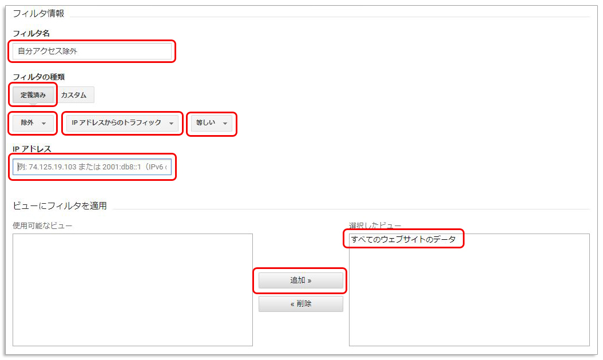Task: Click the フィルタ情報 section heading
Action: pos(38,13)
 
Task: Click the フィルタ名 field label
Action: pos(31,34)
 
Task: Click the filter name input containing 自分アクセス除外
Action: pos(92,51)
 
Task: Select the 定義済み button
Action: pos(33,95)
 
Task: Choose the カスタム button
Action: pos(74,95)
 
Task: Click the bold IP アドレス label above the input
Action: pos(32,149)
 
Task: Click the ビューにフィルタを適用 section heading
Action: pos(59,205)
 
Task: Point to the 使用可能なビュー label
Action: pos(42,226)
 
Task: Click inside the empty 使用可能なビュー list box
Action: pos(132,290)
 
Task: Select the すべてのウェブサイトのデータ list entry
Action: pos(403,239)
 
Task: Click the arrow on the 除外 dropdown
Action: pos(44,124)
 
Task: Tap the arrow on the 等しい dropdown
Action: pos(225,124)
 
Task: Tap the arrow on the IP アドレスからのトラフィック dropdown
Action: pos(171,124)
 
